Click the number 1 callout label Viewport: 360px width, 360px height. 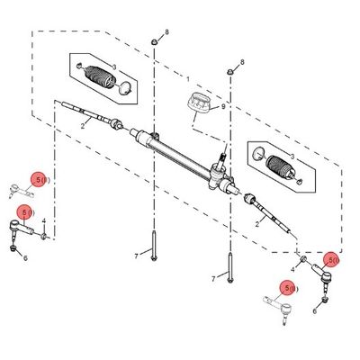pyautogui.click(x=188, y=79)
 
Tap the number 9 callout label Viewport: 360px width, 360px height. pyautogui.click(x=223, y=106)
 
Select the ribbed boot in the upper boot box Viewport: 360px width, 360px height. pyautogui.click(x=100, y=76)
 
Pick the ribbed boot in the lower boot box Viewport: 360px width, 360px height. pyautogui.click(x=280, y=166)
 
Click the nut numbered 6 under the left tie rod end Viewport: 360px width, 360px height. pyautogui.click(x=13, y=247)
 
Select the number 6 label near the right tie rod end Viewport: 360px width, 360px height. pyautogui.click(x=314, y=311)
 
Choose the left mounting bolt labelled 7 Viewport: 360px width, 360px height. pyautogui.click(x=154, y=246)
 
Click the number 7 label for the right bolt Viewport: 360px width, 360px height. pyautogui.click(x=213, y=279)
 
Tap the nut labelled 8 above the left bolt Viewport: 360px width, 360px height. pyautogui.click(x=154, y=41)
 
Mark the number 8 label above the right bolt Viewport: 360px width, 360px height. pyautogui.click(x=242, y=62)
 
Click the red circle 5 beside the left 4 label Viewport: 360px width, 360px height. pyautogui.click(x=25, y=212)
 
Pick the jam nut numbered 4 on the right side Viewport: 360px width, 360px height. pyautogui.click(x=303, y=258)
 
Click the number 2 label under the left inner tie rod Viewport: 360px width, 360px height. pyautogui.click(x=83, y=126)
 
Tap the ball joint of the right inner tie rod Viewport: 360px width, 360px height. pyautogui.click(x=249, y=198)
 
